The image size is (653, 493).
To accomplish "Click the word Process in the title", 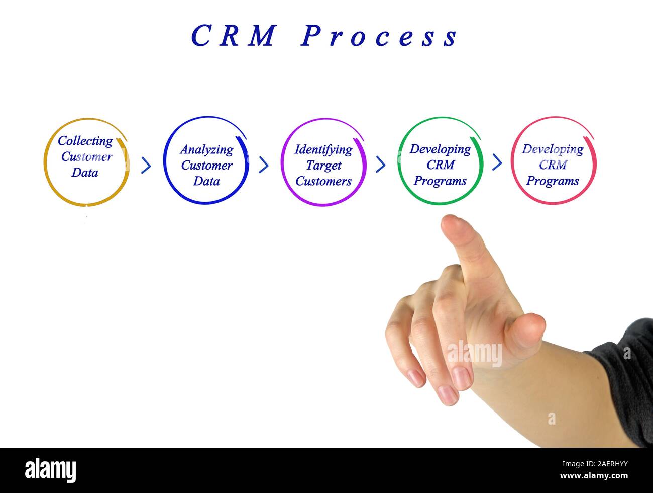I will coord(379,36).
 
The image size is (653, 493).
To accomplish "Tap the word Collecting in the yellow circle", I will coord(85,141).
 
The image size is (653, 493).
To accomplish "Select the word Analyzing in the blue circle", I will coord(206,150).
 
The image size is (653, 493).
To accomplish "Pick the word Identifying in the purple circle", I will coord(323,149).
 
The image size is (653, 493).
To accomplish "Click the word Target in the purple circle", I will coord(323,166).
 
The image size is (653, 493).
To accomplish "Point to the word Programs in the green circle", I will coord(440,181).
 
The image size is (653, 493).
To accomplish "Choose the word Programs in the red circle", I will coord(553,181).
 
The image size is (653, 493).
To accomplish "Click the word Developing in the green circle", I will coord(440,149).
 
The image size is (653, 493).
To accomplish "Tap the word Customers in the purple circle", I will coord(323,181).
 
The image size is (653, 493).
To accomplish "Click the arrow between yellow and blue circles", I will coord(146,165).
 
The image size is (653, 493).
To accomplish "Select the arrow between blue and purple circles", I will coord(264,165).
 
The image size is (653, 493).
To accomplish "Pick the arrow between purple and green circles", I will coord(381,164).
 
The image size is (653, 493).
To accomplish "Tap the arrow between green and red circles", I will coord(497,162).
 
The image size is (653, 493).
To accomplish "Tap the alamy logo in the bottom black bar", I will coord(51,470).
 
